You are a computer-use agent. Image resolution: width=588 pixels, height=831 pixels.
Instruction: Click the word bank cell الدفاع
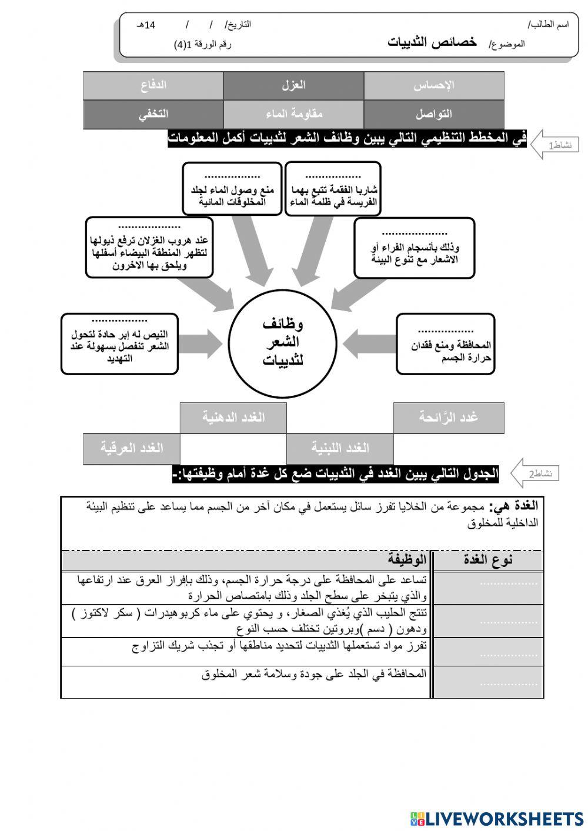click(153, 85)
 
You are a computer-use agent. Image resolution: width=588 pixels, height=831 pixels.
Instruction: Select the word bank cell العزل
click(293, 85)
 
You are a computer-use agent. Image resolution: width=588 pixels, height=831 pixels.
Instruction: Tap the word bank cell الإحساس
click(434, 85)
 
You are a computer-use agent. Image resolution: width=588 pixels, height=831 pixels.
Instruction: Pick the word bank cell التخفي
click(153, 114)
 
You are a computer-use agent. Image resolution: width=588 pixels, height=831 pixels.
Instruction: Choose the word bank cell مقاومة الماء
click(293, 114)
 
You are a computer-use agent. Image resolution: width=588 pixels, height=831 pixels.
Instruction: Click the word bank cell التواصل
click(434, 114)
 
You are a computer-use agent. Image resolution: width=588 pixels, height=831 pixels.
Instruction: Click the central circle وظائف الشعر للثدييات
click(282, 342)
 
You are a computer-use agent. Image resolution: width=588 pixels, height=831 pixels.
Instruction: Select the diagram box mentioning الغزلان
click(149, 248)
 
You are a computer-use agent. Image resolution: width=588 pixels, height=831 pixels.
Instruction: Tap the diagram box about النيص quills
click(119, 344)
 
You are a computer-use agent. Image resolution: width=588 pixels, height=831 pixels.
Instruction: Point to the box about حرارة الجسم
click(445, 344)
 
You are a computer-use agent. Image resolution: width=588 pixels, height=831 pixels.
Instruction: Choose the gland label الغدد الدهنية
click(233, 418)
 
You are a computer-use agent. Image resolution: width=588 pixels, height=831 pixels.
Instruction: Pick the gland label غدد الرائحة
click(448, 418)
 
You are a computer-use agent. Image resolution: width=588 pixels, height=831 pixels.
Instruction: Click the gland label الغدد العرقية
click(132, 448)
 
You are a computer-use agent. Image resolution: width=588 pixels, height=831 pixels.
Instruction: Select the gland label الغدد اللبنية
click(340, 448)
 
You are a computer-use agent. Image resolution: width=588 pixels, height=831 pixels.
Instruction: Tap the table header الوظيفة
click(407, 559)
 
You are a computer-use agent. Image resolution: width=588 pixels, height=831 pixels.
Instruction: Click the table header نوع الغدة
click(487, 559)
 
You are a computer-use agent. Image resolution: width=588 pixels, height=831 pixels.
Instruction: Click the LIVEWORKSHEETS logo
click(497, 818)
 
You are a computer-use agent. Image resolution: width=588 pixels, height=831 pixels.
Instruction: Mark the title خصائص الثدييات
click(432, 42)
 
